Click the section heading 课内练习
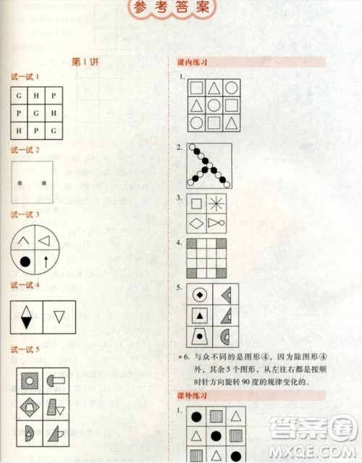pyautogui.click(x=193, y=62)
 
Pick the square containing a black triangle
pyautogui.click(x=198, y=315)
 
